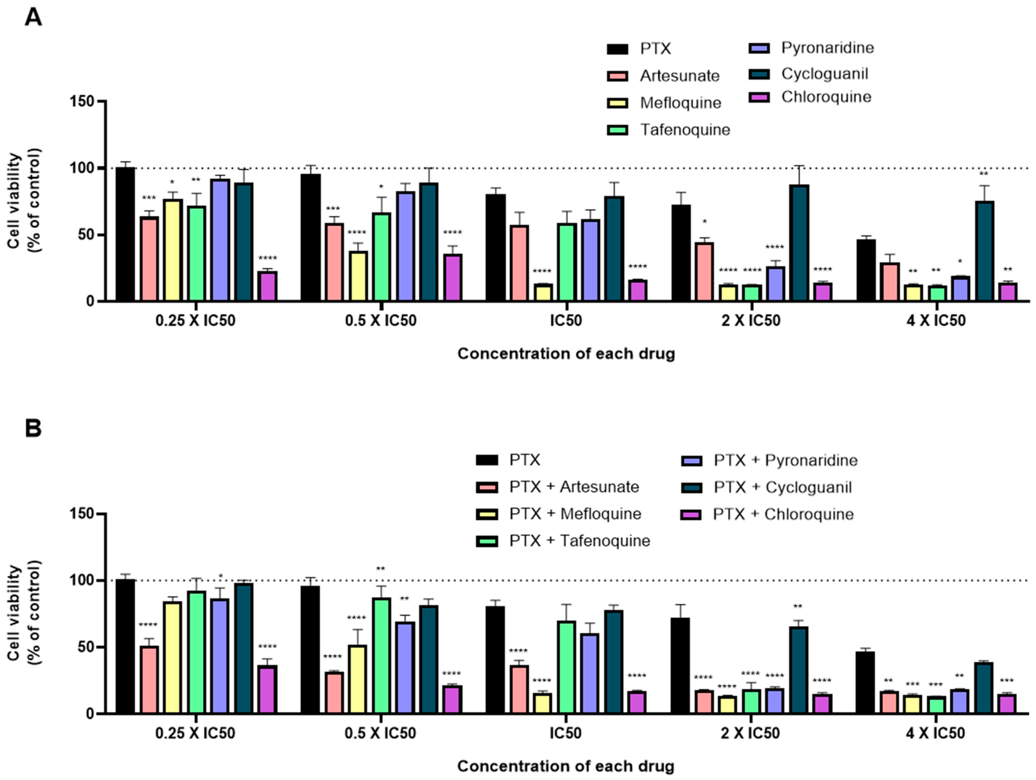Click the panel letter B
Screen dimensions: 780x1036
(x=33, y=428)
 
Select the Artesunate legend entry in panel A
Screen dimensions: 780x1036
(x=679, y=76)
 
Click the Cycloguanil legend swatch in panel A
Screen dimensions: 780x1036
(x=759, y=74)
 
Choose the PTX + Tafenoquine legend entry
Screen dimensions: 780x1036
(x=579, y=541)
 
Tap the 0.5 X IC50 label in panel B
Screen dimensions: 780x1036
(x=380, y=733)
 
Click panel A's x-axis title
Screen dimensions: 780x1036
(x=566, y=353)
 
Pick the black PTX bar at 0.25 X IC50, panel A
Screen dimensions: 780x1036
(x=125, y=234)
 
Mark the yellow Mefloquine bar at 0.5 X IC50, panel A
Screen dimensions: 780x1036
(x=358, y=276)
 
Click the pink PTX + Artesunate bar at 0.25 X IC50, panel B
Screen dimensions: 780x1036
(x=149, y=680)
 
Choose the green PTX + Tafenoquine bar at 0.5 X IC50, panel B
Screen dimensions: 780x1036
(x=382, y=655)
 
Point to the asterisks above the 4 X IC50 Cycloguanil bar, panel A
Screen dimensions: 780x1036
(x=984, y=174)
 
